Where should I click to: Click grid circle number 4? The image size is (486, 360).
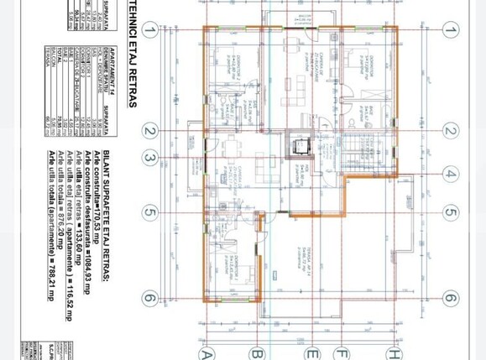pyautogui.click(x=451, y=175)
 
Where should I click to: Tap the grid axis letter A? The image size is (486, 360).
pyautogui.click(x=207, y=352)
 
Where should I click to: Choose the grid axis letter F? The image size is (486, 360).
pyautogui.click(x=342, y=352)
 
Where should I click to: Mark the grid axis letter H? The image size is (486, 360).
pyautogui.click(x=392, y=352)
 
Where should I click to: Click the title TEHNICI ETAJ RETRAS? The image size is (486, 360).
pyautogui.click(x=132, y=55)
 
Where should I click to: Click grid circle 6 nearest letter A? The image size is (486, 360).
pyautogui.click(x=149, y=298)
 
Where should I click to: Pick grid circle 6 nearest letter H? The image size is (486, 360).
pyautogui.click(x=451, y=298)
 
